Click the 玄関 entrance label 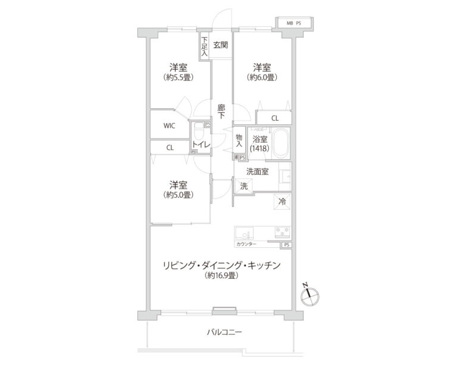click(x=220, y=44)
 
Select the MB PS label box click(x=294, y=23)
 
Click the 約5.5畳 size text click(x=179, y=77)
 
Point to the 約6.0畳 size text click(x=262, y=77)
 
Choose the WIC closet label click(x=170, y=125)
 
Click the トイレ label click(x=199, y=144)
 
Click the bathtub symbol click(x=279, y=143)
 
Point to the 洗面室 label click(x=257, y=172)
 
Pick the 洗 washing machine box click(x=243, y=185)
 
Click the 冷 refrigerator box click(x=282, y=202)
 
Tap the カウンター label click(x=246, y=244)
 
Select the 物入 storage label click(x=239, y=141)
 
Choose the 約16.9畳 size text click(x=221, y=276)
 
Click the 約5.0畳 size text click(x=179, y=194)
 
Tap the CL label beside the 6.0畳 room click(x=274, y=118)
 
